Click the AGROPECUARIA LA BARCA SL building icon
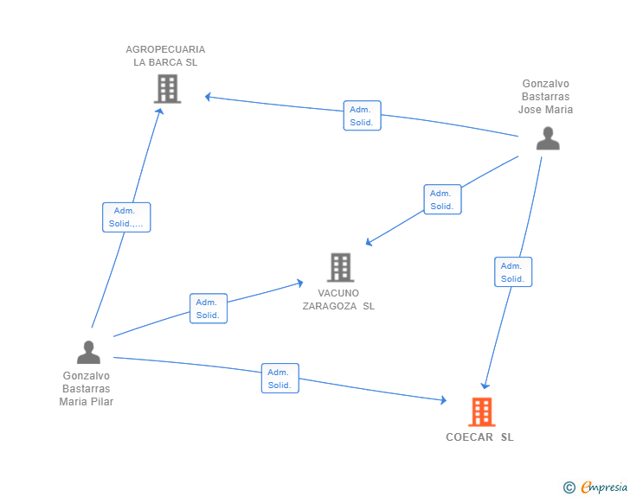pyautogui.click(x=167, y=88)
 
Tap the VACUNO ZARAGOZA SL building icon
pyautogui.click(x=341, y=267)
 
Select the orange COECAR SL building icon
pyautogui.click(x=482, y=412)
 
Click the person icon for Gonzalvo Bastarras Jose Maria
pyautogui.click(x=548, y=138)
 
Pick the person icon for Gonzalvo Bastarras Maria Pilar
pyautogui.click(x=88, y=352)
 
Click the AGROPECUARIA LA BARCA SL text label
pyautogui.click(x=165, y=55)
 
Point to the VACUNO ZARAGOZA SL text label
pyautogui.click(x=338, y=299)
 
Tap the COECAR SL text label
pyautogui.click(x=479, y=437)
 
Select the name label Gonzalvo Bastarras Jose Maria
pyautogui.click(x=545, y=97)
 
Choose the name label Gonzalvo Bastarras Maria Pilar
pyautogui.click(x=87, y=389)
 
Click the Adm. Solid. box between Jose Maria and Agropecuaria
pyautogui.click(x=362, y=116)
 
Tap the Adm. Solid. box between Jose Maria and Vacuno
pyautogui.click(x=442, y=200)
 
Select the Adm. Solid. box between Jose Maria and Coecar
pyautogui.click(x=512, y=272)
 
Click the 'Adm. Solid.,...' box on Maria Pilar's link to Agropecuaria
pyautogui.click(x=126, y=217)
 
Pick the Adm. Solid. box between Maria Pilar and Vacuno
pyautogui.click(x=208, y=309)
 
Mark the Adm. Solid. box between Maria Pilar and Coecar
pyautogui.click(x=280, y=379)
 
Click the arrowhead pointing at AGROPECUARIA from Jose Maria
pyautogui.click(x=209, y=97)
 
